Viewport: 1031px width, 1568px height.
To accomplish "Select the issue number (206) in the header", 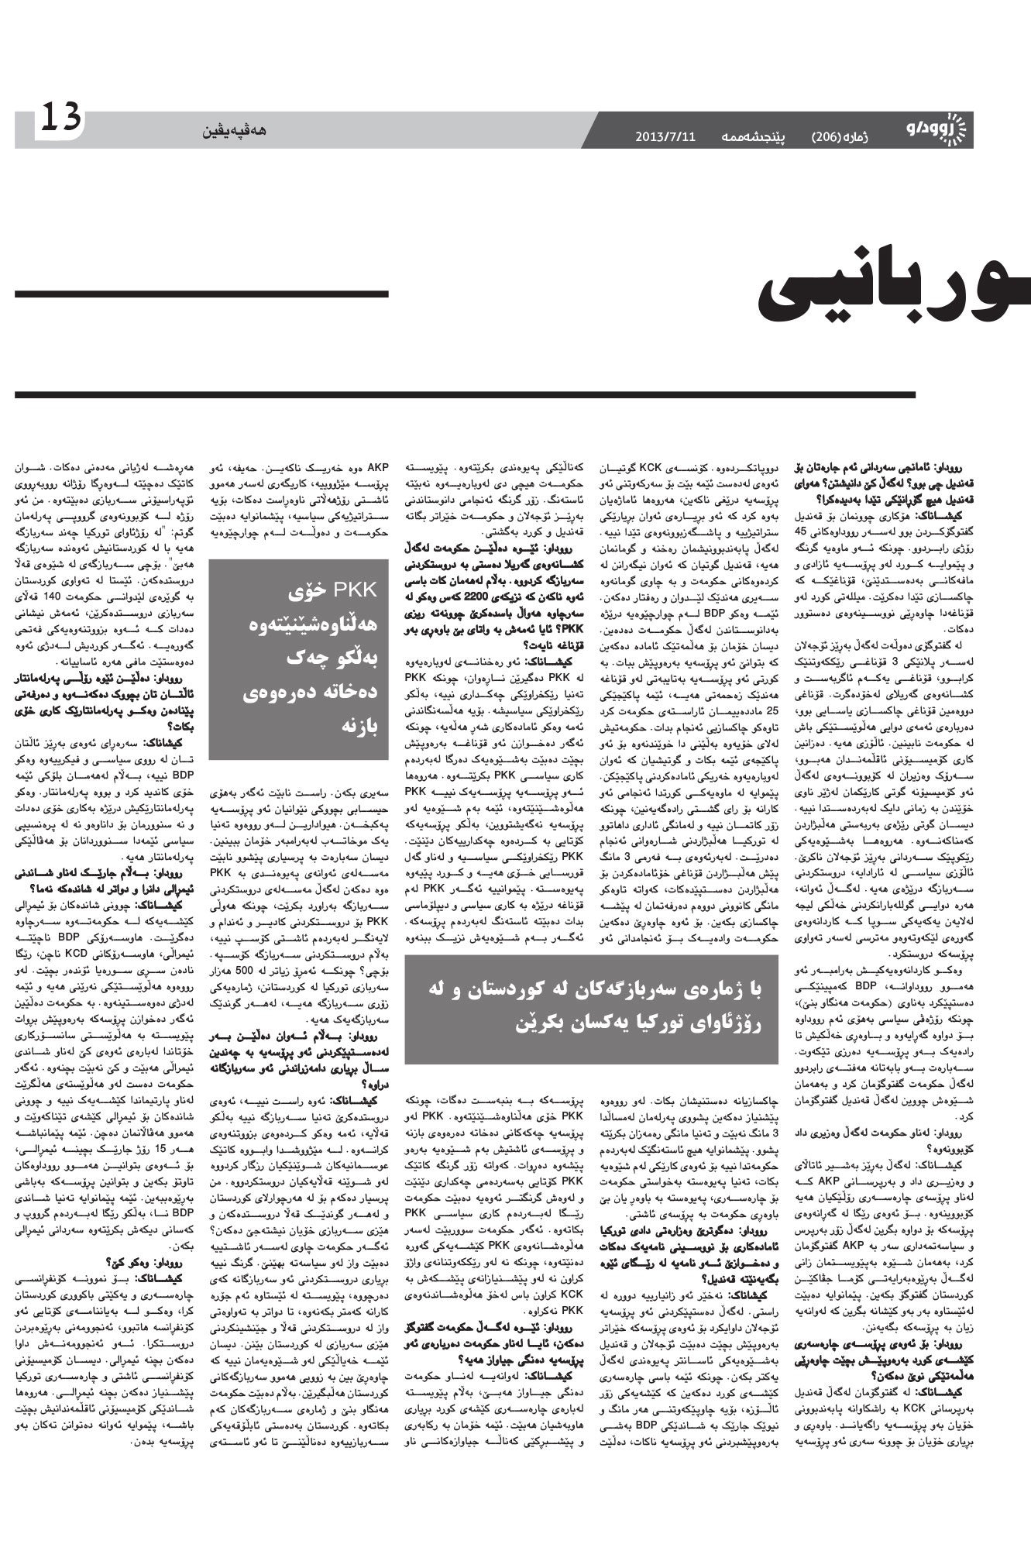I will click(828, 137).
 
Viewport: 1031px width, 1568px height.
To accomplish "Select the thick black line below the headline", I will click(465, 394).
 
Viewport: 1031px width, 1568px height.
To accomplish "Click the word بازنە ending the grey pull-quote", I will click(358, 728).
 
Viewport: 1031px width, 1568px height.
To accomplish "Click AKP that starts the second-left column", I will click(379, 467).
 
